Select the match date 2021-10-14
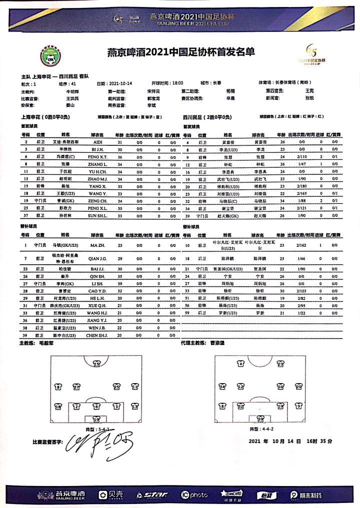[120, 83]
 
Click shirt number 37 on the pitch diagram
[76, 387]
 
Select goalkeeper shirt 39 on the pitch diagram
[260, 419]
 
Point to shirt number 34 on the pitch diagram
[223, 387]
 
